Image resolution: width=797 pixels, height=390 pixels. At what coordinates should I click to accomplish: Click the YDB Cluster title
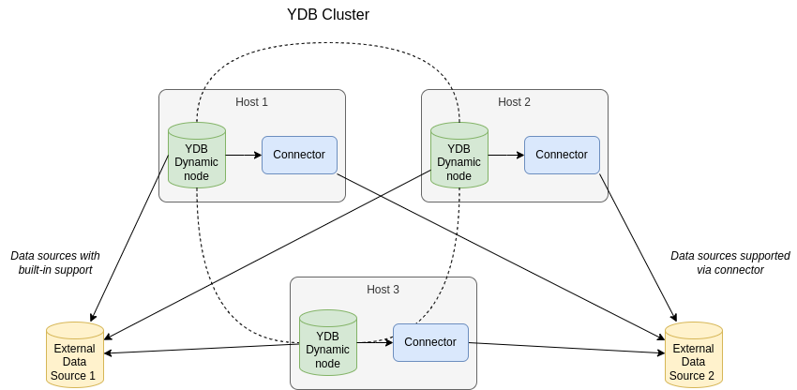pyautogui.click(x=328, y=15)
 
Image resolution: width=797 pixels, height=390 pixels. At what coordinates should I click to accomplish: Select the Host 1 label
pyautogui.click(x=251, y=102)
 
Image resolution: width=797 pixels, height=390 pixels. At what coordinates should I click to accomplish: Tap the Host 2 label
pyautogui.click(x=514, y=102)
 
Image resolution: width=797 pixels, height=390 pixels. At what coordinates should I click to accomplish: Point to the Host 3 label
pyautogui.click(x=383, y=290)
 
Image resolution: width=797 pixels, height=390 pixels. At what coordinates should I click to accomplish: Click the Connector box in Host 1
pyautogui.click(x=299, y=155)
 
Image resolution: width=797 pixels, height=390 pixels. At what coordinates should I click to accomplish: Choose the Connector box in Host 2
pyautogui.click(x=562, y=155)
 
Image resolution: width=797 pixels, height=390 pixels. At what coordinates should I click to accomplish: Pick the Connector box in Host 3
pyautogui.click(x=430, y=342)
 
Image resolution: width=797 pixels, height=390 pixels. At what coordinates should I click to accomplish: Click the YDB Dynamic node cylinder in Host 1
pyautogui.click(x=197, y=156)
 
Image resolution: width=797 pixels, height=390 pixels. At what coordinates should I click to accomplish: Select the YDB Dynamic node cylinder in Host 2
pyautogui.click(x=459, y=156)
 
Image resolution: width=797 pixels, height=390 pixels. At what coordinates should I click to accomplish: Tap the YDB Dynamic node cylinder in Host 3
pyautogui.click(x=328, y=343)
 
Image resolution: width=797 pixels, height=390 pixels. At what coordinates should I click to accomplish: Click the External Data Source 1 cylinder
pyautogui.click(x=75, y=355)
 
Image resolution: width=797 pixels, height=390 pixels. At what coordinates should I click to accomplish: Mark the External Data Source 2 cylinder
pyautogui.click(x=694, y=355)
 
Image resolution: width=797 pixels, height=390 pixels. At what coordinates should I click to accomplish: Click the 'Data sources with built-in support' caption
pyautogui.click(x=55, y=262)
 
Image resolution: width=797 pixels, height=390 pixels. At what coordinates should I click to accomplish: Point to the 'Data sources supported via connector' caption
pyautogui.click(x=730, y=262)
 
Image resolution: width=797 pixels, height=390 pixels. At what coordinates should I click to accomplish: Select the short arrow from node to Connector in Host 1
pyautogui.click(x=244, y=155)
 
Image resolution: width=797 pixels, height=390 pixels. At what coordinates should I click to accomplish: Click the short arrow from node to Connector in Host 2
pyautogui.click(x=506, y=155)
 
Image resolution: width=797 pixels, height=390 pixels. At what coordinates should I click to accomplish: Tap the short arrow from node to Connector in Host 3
pyautogui.click(x=375, y=342)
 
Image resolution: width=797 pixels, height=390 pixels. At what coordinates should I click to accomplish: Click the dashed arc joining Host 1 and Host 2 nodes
pyautogui.click(x=328, y=44)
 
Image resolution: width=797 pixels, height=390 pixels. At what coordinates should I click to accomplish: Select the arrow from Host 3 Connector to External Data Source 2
pyautogui.click(x=567, y=348)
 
